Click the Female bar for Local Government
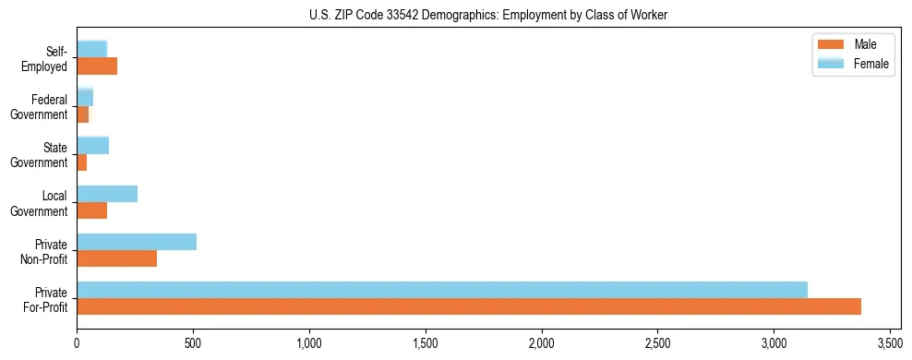[107, 194]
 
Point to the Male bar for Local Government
[92, 210]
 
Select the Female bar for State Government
[93, 145]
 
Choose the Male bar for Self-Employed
[97, 66]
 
